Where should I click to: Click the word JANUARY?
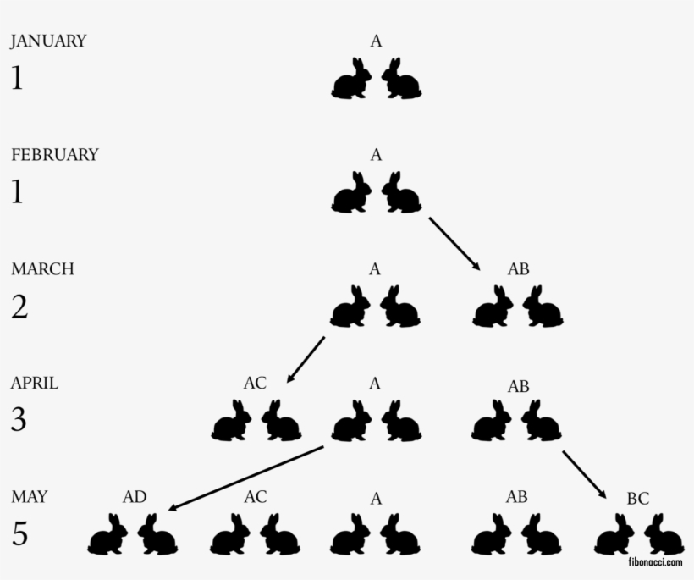click(x=48, y=41)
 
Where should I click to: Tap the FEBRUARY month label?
click(x=54, y=155)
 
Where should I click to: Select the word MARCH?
click(x=42, y=269)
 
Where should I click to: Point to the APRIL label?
click(x=35, y=383)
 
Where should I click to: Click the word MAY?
click(x=29, y=497)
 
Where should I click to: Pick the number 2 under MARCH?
click(x=19, y=307)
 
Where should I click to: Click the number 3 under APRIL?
click(x=19, y=420)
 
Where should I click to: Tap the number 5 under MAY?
click(x=19, y=534)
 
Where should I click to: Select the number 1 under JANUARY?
click(x=17, y=79)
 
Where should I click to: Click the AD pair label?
click(x=135, y=497)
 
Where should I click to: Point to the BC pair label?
click(x=637, y=499)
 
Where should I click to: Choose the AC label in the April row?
click(x=255, y=383)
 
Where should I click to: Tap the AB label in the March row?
click(x=518, y=269)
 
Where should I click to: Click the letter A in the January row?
click(x=376, y=40)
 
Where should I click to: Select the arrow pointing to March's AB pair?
click(x=454, y=244)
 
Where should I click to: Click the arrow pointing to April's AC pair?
click(x=306, y=359)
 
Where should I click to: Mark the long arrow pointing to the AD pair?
click(x=247, y=476)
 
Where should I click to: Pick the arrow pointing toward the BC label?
click(x=585, y=474)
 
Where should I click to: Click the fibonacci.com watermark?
click(x=654, y=561)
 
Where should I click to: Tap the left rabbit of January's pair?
click(x=351, y=80)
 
